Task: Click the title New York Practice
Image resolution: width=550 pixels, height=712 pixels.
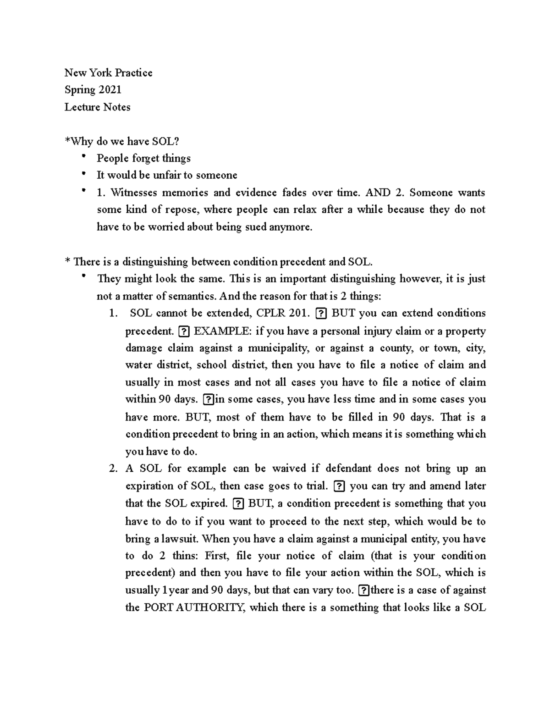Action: [108, 73]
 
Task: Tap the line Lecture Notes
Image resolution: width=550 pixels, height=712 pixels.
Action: [97, 107]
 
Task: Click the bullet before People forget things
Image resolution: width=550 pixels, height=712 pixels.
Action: [83, 157]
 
